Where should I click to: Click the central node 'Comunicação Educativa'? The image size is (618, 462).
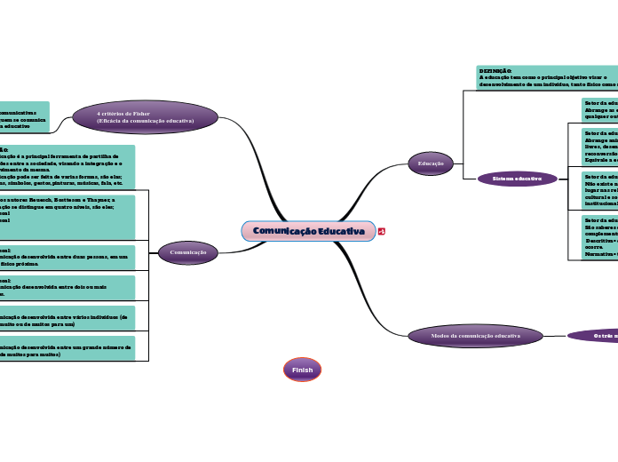308,231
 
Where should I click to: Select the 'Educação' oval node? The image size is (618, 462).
431,163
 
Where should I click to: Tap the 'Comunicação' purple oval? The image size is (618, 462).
188,253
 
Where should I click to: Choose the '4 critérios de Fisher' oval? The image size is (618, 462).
146,117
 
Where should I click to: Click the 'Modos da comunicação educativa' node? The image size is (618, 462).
475,336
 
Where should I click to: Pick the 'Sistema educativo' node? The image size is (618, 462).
517,179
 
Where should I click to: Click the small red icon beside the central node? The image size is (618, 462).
382,232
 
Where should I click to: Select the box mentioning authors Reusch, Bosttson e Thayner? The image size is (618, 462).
67,217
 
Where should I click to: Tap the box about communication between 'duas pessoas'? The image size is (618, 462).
67,258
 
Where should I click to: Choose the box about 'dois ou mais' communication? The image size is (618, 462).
67,287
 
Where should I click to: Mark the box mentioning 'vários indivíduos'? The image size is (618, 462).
67,317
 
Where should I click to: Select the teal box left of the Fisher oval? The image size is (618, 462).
24,117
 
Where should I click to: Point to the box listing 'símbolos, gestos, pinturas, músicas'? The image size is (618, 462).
67,167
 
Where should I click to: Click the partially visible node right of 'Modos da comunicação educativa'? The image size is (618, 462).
592,336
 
